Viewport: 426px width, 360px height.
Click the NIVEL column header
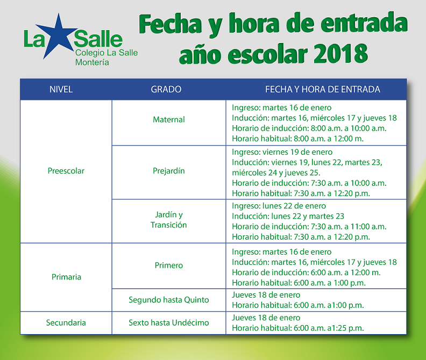click(61, 89)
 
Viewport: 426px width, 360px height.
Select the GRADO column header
click(166, 89)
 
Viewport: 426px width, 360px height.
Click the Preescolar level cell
click(66, 171)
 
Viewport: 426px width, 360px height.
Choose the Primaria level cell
click(66, 277)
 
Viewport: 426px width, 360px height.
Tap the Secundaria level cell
click(66, 322)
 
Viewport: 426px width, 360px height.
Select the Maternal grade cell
click(169, 119)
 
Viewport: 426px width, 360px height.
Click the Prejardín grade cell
click(169, 171)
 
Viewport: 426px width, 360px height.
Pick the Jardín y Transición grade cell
click(169, 220)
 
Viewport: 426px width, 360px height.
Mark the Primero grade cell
click(169, 265)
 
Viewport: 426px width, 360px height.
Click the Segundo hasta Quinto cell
click(169, 299)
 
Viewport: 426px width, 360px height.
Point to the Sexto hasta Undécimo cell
click(169, 322)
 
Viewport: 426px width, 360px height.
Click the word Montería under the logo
click(92, 62)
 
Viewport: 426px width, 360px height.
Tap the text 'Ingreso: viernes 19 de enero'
click(282, 152)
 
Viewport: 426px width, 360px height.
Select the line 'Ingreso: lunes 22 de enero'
click(279, 206)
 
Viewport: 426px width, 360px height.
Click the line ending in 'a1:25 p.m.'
click(298, 328)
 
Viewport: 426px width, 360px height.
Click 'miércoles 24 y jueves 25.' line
click(276, 172)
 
